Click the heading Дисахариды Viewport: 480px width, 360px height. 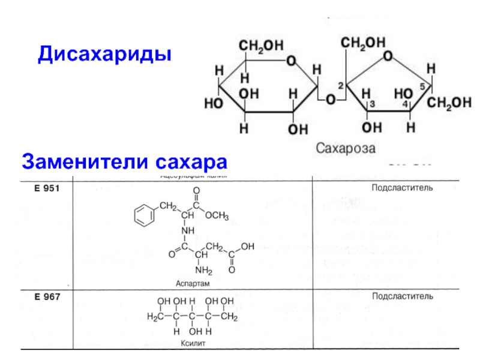pos(105,55)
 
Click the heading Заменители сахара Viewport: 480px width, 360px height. pos(125,161)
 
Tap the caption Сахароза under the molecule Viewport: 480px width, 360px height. pos(345,148)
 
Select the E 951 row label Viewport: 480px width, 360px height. pos(40,188)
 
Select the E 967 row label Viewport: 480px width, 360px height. pos(40,296)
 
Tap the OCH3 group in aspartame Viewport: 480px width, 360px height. pos(217,215)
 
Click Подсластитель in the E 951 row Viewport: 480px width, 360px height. pos(402,188)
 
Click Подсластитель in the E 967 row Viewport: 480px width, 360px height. pos(402,296)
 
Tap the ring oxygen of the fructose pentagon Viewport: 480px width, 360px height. pos(388,56)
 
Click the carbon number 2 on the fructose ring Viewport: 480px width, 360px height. pos(340,86)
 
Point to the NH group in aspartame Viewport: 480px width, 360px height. pos(188,230)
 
